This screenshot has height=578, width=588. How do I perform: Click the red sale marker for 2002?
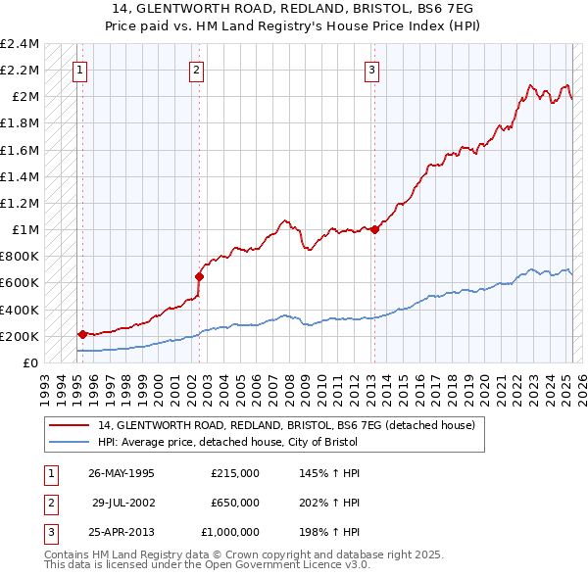pyautogui.click(x=199, y=276)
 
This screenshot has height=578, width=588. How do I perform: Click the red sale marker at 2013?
pyautogui.click(x=375, y=230)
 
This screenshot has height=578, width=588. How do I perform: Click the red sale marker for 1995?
pyautogui.click(x=82, y=334)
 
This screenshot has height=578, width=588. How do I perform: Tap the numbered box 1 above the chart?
pyautogui.click(x=79, y=69)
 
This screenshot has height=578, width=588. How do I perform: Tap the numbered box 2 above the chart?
pyautogui.click(x=197, y=69)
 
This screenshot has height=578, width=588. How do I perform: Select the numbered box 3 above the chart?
pyautogui.click(x=372, y=69)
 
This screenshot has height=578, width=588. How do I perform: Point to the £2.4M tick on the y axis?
pyautogui.click(x=20, y=44)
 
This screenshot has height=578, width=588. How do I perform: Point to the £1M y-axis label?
pyautogui.click(x=24, y=230)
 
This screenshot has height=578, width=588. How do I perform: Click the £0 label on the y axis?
pyautogui.click(x=31, y=363)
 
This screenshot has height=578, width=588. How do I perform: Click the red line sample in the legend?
pyautogui.click(x=69, y=425)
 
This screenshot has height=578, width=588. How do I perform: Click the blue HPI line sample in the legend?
pyautogui.click(x=69, y=443)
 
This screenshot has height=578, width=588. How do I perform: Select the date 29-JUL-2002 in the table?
pyautogui.click(x=123, y=503)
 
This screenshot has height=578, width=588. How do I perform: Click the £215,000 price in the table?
pyautogui.click(x=235, y=472)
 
